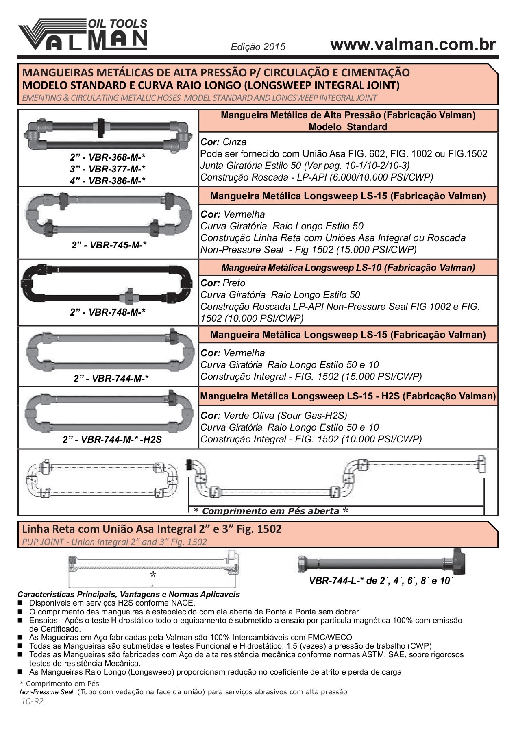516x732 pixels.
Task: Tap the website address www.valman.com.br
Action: tap(413, 44)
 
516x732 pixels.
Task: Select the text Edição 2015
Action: tap(258, 47)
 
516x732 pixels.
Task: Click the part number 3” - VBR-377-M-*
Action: tap(108, 169)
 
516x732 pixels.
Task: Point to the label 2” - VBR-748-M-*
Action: tap(108, 312)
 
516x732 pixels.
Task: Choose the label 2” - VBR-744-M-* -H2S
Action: tap(112, 440)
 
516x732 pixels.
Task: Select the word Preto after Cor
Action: tap(234, 283)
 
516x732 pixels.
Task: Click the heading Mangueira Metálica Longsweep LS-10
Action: tap(348, 268)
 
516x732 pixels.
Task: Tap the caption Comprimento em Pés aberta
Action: tap(270, 511)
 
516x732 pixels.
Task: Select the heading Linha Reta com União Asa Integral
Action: tap(152, 529)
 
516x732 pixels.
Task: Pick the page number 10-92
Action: tap(32, 701)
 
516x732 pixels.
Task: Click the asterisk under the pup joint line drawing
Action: tap(153, 575)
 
